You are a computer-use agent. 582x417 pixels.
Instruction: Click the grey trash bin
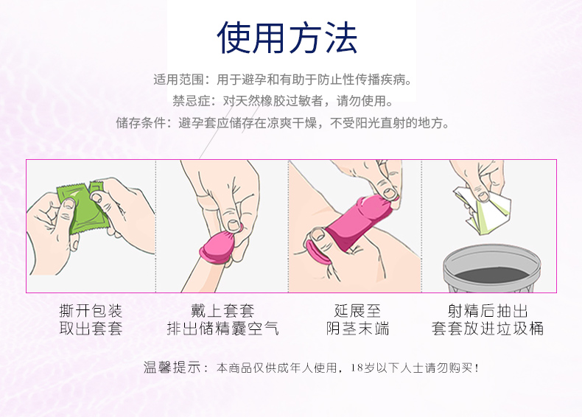(x=490, y=270)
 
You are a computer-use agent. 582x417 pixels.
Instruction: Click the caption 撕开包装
(x=91, y=310)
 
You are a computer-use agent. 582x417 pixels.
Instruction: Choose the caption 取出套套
(x=91, y=329)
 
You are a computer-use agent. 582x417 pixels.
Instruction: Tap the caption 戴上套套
(x=222, y=310)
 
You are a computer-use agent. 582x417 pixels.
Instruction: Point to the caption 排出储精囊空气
(x=222, y=329)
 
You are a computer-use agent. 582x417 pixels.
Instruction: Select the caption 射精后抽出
(x=488, y=310)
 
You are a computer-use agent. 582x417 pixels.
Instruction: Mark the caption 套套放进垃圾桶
(x=488, y=329)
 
